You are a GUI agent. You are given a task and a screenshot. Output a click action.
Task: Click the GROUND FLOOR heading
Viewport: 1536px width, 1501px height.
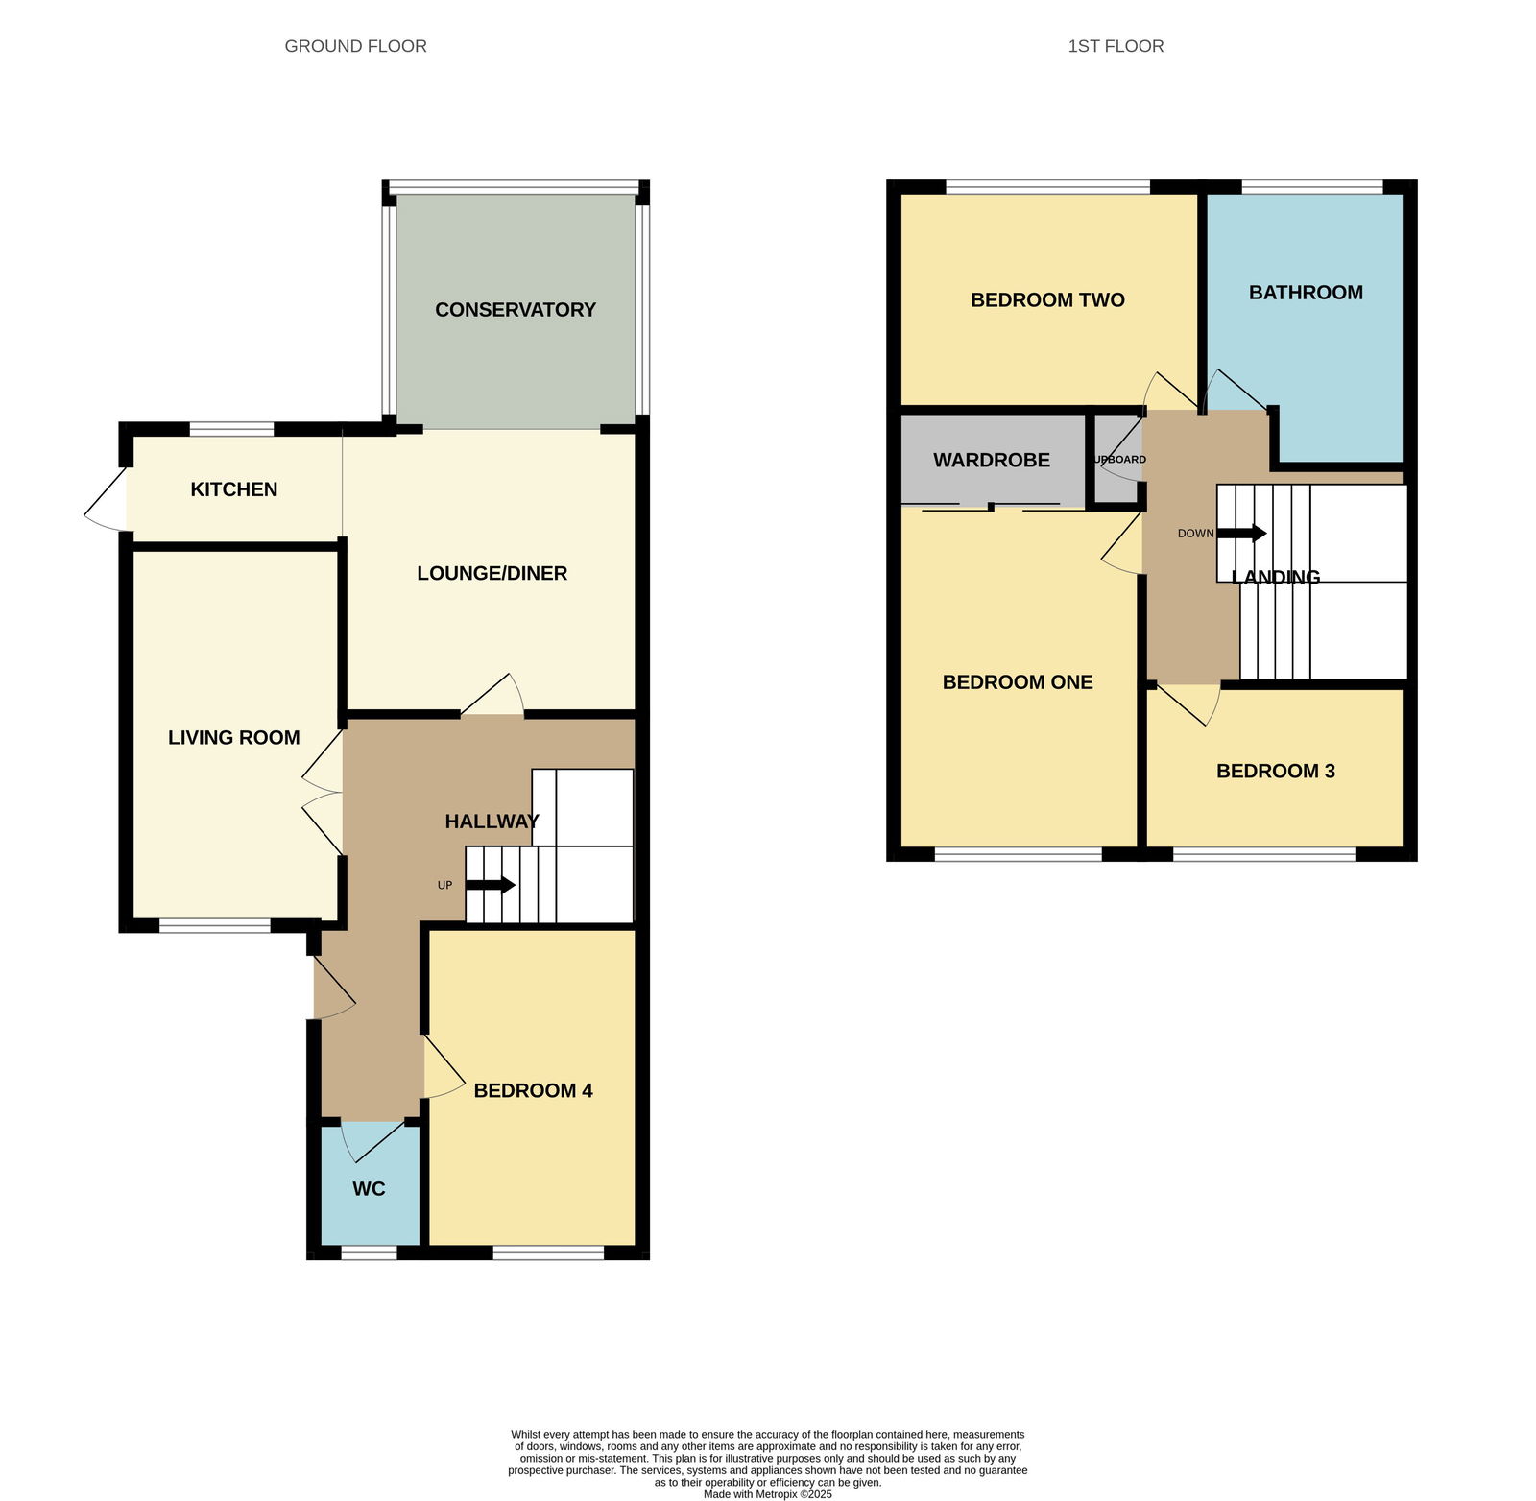355,46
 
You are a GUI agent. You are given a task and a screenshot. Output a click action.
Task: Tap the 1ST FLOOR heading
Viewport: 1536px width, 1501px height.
1116,46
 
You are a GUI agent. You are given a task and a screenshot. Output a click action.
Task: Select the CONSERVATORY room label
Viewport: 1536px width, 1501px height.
516,310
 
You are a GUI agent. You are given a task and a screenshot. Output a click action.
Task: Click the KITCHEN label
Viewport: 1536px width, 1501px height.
234,489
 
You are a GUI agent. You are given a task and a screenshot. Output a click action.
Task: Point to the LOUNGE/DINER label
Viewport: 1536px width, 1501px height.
492,573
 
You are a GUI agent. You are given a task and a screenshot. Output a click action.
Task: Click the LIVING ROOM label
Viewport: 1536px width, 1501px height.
234,738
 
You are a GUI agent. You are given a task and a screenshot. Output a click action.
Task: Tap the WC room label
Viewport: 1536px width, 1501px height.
369,1189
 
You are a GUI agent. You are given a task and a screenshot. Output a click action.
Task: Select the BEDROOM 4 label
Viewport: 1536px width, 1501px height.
533,1090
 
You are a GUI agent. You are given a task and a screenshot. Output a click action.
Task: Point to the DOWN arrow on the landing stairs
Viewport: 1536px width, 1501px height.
1242,534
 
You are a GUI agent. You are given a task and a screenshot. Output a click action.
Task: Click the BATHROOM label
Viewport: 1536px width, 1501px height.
1306,293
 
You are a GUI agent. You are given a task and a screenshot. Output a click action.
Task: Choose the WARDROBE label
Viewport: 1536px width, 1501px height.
992,461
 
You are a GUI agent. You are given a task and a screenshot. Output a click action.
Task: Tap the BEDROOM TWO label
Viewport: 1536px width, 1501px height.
1047,300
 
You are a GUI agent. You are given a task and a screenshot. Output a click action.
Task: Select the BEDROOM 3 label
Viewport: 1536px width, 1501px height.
1275,772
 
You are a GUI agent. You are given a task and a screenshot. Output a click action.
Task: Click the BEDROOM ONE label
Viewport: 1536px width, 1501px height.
1018,682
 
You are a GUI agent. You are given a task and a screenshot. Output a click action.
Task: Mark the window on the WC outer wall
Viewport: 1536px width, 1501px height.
369,1252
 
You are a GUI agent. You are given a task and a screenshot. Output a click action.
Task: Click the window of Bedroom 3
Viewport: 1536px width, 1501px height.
1263,854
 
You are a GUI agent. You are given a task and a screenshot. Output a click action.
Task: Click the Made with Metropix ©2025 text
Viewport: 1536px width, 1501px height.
767,1494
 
